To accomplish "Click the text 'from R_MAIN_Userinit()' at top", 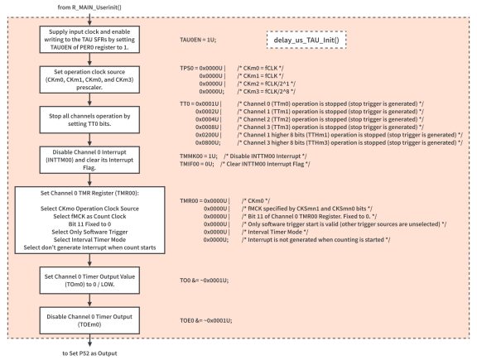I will (90, 7).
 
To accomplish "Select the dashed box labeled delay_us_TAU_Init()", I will (306, 39).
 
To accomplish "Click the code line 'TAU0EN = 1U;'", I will (198, 39).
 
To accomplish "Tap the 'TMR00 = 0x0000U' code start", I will (203, 201).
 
